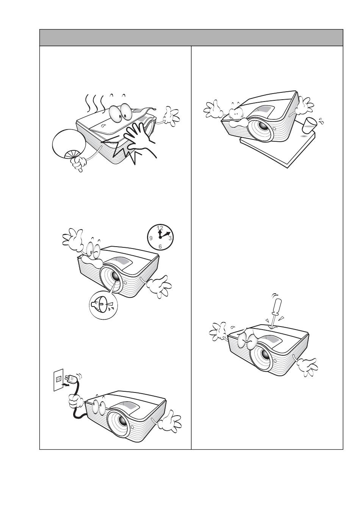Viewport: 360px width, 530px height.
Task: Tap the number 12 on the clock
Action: coord(160,228)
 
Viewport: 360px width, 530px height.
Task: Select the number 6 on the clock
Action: coord(160,247)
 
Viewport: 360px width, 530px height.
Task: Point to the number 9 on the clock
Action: coord(151,238)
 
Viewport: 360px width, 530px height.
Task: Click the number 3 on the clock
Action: coord(170,238)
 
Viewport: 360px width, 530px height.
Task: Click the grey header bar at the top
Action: coord(191,38)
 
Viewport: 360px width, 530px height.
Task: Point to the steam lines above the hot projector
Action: coord(95,103)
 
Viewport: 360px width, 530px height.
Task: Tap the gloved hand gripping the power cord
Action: coord(76,400)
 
